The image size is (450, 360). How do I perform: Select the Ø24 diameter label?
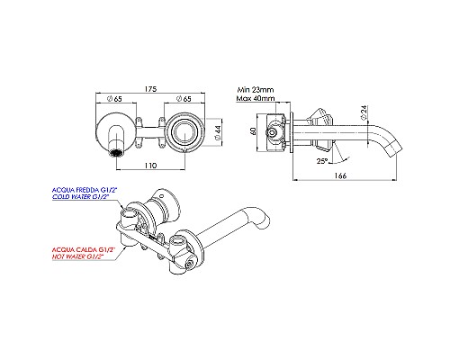363,114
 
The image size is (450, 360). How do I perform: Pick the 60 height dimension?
254,131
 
